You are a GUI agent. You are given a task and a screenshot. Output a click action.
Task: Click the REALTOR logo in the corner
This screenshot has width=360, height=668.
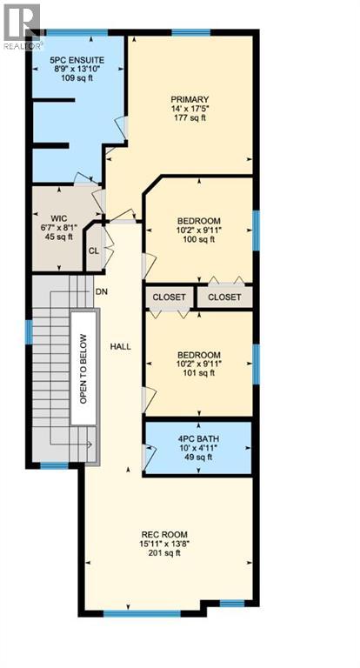22,24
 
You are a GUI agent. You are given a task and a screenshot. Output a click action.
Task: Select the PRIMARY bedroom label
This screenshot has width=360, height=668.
190,99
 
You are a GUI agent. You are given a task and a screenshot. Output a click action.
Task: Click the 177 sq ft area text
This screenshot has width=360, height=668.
190,119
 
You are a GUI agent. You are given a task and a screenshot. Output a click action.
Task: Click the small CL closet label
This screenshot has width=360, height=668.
93,252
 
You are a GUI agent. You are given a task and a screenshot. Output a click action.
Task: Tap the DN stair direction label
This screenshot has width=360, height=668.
101,292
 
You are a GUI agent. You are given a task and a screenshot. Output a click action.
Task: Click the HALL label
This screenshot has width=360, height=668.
120,346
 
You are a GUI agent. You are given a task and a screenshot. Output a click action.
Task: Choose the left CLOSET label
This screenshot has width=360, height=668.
170,297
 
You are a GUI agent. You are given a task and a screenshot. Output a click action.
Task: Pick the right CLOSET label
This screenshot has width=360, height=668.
224,297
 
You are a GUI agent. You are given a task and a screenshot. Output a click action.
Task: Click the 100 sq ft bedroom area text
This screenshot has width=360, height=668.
198,239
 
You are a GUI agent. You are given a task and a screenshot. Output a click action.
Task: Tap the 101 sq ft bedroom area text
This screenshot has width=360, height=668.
199,374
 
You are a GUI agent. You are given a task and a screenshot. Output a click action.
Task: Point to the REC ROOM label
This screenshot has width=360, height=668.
165,534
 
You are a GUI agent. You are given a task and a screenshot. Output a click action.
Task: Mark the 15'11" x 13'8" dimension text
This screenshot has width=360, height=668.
165,544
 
